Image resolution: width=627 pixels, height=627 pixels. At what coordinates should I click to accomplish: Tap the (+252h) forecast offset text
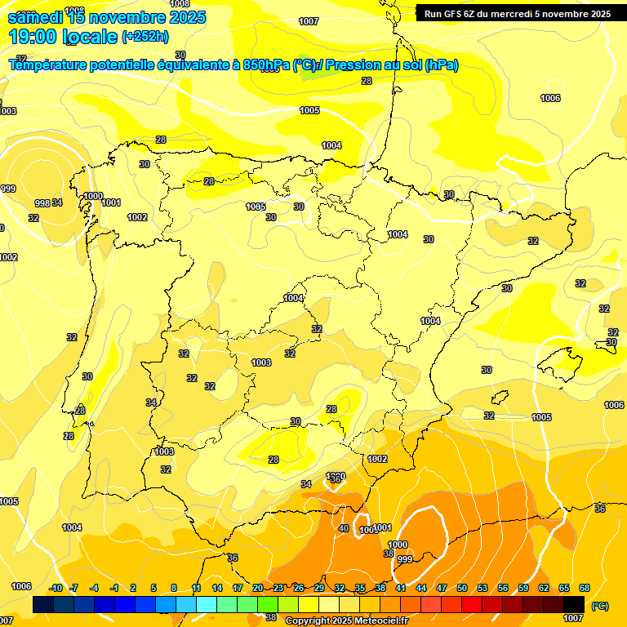pos(145,37)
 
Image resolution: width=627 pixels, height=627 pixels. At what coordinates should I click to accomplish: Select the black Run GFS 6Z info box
pos(518,13)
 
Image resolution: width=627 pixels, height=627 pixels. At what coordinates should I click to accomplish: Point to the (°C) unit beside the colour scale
pos(600,606)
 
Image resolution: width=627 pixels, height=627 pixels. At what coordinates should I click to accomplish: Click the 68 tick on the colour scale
pos(585,588)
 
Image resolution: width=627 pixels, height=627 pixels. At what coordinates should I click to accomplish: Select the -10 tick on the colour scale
pos(56,588)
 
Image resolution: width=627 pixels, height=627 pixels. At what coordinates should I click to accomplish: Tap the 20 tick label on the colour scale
pos(258,588)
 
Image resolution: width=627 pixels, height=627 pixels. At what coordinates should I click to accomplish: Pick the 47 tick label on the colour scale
pos(442,588)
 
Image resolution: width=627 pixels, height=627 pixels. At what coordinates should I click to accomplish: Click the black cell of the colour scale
pos(574,605)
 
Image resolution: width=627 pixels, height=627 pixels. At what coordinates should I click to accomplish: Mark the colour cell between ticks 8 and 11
pos(186,605)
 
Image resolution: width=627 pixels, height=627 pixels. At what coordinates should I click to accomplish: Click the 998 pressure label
pos(42,203)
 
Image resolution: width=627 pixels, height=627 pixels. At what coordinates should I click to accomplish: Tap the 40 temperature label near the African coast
pos(344,528)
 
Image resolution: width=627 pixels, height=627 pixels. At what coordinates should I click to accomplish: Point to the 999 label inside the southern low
pos(404,559)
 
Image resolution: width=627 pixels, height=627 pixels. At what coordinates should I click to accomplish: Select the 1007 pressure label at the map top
pos(309,21)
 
